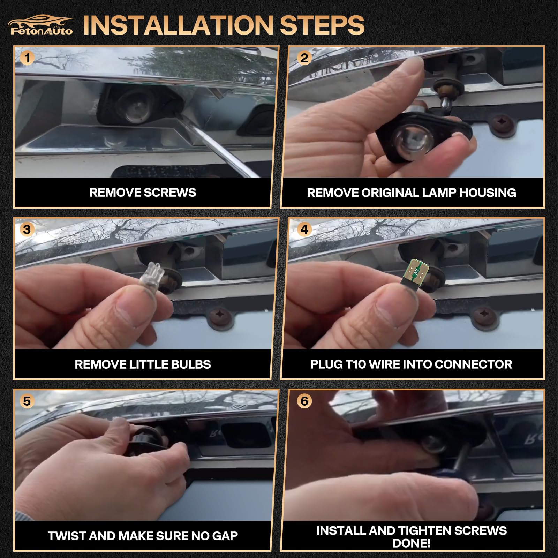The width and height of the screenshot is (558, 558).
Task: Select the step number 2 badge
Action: [x=304, y=58]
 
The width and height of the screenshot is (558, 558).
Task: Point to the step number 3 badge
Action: [x=27, y=229]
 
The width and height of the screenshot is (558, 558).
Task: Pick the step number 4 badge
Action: [x=304, y=229]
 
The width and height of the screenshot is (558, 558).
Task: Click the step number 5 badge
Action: [x=27, y=401]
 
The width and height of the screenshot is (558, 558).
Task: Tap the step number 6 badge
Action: [x=304, y=401]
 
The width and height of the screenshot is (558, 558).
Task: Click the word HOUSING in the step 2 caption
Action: [x=488, y=193]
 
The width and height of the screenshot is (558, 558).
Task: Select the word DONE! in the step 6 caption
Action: [x=412, y=543]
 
